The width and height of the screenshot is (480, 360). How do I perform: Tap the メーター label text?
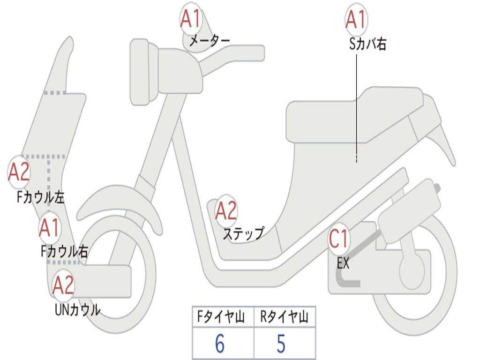210,42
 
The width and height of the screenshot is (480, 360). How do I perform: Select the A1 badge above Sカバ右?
356,20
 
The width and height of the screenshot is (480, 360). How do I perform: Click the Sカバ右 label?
368,45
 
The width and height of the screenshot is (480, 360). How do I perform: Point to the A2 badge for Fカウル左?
19,172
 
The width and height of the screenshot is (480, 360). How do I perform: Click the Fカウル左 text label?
41,197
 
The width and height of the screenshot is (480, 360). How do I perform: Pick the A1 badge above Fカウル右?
49,228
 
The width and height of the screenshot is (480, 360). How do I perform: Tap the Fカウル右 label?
64,252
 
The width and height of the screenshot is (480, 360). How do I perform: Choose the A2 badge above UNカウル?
63,285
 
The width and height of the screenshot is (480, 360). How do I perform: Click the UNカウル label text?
77,310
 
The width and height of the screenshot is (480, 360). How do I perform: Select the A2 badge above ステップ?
226,211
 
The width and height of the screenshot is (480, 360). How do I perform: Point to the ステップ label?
243,233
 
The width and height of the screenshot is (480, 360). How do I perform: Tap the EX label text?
343,263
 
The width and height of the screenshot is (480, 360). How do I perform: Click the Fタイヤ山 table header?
223,318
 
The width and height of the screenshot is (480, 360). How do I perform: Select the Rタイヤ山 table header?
285,318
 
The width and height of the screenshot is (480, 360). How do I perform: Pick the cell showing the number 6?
220,344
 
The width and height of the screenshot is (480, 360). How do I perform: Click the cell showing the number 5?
281,344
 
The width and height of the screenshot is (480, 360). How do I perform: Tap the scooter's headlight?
139,72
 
